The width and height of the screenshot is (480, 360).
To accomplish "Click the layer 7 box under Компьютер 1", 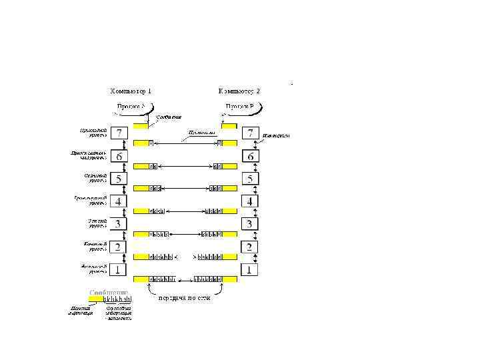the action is coord(119,133).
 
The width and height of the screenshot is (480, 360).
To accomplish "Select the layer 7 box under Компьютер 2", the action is coord(251,133).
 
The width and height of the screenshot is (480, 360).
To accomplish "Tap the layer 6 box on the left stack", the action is coord(119,157).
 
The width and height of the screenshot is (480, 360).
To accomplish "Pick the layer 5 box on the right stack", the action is coord(251,179).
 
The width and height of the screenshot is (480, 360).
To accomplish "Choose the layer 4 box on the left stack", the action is coord(119,201).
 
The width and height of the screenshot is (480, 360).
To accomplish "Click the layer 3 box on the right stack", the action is coord(251,224).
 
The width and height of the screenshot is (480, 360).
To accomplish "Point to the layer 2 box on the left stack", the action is coord(119,247).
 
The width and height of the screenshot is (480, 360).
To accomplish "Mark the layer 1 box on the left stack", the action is coord(119,270).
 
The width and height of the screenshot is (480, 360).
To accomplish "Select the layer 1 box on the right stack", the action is coord(251,270).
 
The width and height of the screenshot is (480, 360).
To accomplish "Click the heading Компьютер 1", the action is coord(131,90).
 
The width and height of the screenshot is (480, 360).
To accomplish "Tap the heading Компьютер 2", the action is coord(239,90).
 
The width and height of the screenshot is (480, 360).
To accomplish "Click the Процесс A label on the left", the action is coord(131,106).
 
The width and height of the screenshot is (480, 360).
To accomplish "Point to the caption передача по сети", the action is coord(184,298).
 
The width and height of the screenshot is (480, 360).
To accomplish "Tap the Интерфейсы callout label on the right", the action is coord(275,135).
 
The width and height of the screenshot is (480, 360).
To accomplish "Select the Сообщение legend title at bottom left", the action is coord(108,292).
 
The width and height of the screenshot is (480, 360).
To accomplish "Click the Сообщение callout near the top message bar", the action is coord(169,118).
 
